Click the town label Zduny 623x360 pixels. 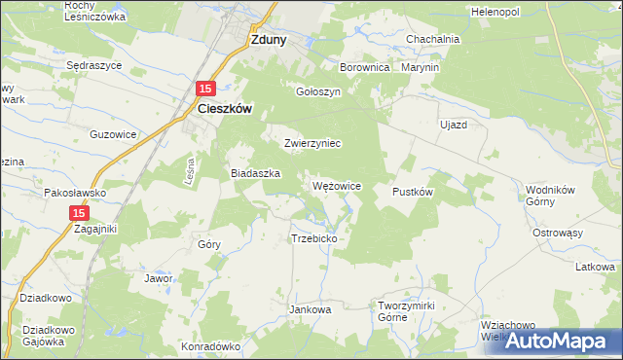[x=267, y=41]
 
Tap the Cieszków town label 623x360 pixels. [x=225, y=110]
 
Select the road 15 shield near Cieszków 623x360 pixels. [x=204, y=89]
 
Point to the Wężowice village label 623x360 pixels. [x=338, y=186]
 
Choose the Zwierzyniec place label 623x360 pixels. [x=311, y=143]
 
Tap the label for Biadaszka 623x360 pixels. [x=255, y=173]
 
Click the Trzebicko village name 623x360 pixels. [x=313, y=238]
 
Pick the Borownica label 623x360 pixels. [x=364, y=69]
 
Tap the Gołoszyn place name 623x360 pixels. [x=316, y=91]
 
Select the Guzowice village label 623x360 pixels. [x=111, y=135]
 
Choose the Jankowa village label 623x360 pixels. [x=311, y=309]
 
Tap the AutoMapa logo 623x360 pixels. [x=560, y=341]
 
